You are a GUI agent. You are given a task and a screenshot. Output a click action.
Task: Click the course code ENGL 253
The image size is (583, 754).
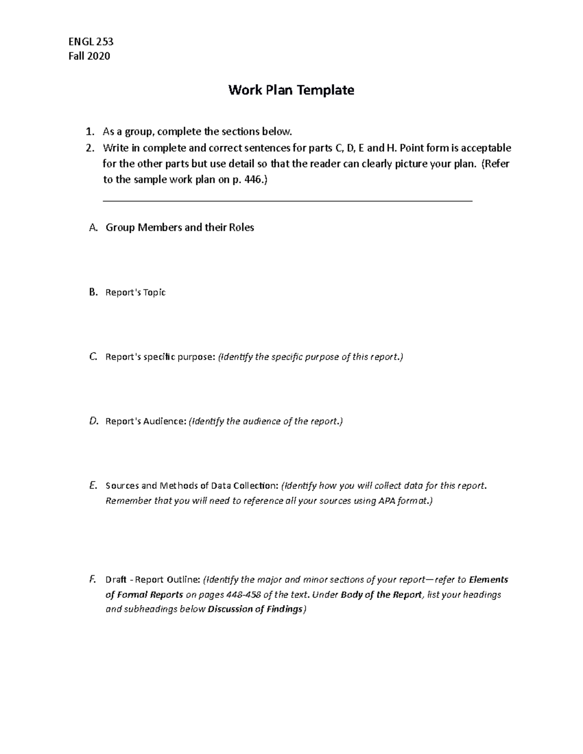91,41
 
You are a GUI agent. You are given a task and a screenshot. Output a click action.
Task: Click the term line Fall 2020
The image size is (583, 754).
90,56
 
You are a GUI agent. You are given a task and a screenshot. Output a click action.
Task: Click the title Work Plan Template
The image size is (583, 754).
291,90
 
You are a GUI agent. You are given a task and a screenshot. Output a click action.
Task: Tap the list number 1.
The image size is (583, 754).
88,132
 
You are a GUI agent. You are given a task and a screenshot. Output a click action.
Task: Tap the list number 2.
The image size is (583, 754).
88,148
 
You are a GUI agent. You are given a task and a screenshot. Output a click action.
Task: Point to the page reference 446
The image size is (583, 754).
253,180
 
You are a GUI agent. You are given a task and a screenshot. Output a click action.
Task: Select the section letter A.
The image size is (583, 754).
93,228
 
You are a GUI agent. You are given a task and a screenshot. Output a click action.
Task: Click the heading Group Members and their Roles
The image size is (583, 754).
180,228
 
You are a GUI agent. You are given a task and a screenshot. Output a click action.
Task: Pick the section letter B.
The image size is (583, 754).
93,292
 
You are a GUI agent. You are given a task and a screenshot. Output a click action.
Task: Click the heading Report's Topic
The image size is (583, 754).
136,292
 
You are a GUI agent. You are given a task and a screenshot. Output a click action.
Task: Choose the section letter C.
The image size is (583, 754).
93,357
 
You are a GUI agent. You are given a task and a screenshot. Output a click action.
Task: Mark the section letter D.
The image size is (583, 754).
94,421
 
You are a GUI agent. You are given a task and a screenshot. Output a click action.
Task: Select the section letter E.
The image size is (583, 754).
93,486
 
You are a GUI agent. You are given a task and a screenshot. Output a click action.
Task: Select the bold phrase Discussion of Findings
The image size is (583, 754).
256,610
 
